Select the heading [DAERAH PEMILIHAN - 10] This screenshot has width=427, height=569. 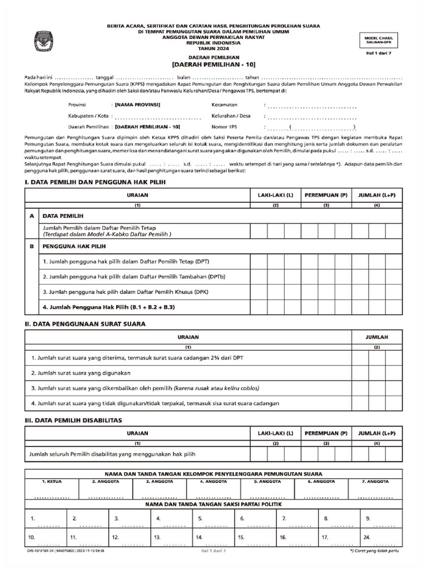click(x=213, y=65)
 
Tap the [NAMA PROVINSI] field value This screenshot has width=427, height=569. click(x=137, y=105)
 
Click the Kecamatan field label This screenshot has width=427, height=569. click(x=225, y=105)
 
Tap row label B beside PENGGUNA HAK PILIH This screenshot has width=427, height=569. click(x=32, y=246)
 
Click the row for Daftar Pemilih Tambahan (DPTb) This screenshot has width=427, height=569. click(x=134, y=276)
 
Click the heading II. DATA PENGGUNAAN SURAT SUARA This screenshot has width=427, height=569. click(x=85, y=323)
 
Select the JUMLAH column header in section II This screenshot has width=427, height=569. click(x=376, y=337)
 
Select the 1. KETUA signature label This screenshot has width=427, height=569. click(x=52, y=481)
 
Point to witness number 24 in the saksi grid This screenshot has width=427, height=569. click(x=366, y=537)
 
